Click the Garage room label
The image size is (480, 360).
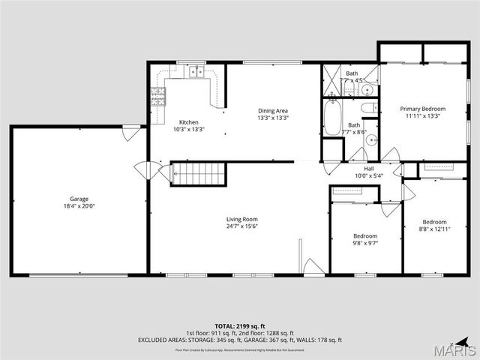click(79, 199)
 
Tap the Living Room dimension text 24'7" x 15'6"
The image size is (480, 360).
click(242, 226)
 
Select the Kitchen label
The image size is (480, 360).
click(188, 122)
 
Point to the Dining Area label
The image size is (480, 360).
click(273, 110)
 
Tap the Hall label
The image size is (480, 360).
click(369, 169)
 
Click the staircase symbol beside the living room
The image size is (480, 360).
click(199, 175)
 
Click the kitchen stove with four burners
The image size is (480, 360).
click(159, 95)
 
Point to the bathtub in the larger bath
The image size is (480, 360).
click(331, 118)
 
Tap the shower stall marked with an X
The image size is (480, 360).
click(331, 79)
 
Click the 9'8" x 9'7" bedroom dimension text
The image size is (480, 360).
click(365, 243)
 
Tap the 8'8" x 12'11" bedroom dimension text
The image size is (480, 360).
click(434, 229)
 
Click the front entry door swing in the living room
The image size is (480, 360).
click(313, 266)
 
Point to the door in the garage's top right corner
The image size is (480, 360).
click(131, 134)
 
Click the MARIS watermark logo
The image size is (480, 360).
click(457, 349)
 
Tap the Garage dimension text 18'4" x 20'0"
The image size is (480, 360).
click(79, 206)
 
